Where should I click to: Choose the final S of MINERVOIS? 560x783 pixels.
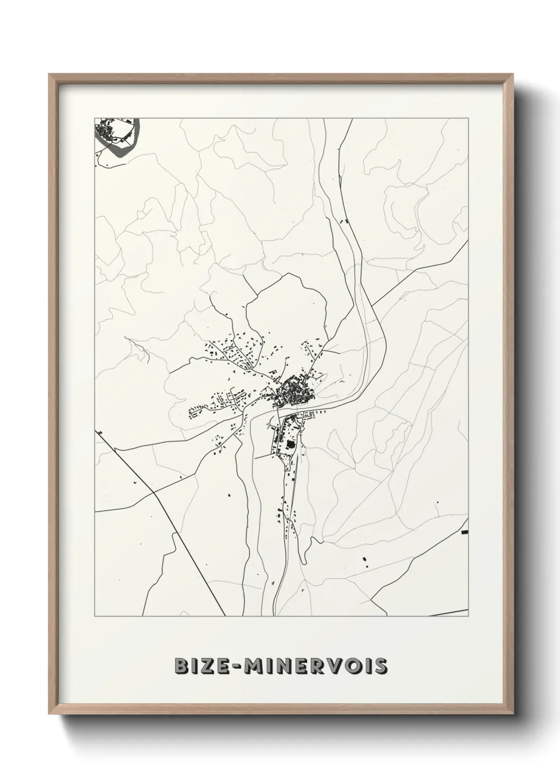[381, 666]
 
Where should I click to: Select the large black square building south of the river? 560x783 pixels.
[290, 445]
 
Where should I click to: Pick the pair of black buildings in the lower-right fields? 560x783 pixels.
[364, 560]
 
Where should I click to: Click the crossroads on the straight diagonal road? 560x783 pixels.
[153, 492]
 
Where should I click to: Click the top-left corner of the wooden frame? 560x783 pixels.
[49, 75]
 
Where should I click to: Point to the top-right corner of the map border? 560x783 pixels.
[469, 117]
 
